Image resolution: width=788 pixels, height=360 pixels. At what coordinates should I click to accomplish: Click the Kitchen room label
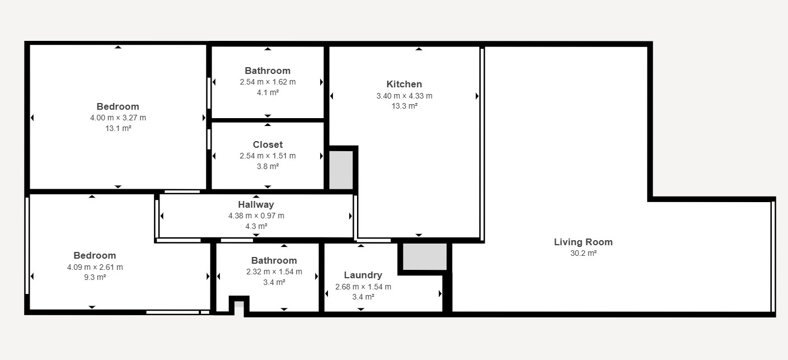click(x=404, y=84)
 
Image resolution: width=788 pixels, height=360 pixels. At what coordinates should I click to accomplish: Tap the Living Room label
click(x=583, y=242)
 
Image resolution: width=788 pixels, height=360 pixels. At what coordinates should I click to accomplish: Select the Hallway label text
click(x=256, y=204)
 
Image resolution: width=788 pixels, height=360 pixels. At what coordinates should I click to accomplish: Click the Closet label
click(x=268, y=144)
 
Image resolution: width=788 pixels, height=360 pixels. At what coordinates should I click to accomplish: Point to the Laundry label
click(x=363, y=275)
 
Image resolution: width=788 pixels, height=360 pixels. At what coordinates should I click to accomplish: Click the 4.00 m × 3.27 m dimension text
click(x=118, y=118)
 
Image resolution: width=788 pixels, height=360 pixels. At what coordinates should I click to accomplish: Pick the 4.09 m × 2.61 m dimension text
click(x=95, y=267)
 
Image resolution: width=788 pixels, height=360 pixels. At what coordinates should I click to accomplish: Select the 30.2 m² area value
click(x=583, y=253)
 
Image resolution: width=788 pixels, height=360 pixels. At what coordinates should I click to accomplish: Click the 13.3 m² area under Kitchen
click(x=405, y=106)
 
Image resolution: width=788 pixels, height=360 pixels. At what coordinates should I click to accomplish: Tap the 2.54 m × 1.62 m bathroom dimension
click(x=268, y=82)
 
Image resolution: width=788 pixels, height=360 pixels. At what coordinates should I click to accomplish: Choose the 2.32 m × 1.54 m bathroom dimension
click(x=274, y=272)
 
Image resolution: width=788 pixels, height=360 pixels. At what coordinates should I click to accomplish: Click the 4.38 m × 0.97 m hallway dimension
click(x=256, y=216)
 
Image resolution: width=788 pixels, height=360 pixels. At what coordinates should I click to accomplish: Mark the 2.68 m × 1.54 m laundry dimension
click(x=363, y=287)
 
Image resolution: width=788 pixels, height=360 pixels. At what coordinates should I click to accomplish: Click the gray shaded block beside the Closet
click(x=341, y=170)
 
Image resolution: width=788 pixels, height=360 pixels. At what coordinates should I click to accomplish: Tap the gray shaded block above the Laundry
click(x=425, y=256)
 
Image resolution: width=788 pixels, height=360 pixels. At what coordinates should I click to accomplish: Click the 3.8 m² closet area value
click(x=268, y=166)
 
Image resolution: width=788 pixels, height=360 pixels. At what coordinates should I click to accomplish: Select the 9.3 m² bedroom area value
click(x=95, y=277)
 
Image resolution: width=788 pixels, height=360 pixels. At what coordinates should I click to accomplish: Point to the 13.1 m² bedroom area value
click(x=118, y=128)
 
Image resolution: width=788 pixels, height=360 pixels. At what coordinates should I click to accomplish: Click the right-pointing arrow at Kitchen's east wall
click(x=477, y=96)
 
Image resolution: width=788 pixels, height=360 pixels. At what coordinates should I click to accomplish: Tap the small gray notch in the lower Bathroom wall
click(x=239, y=305)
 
